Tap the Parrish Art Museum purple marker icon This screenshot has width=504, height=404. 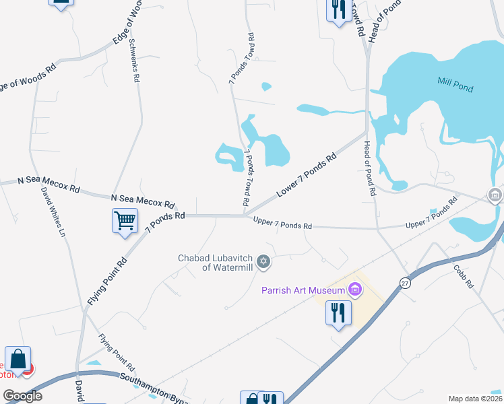pos(355,290)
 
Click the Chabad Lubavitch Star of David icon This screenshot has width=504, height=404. pos(263,261)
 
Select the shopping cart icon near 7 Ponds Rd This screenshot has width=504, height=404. pos(125,220)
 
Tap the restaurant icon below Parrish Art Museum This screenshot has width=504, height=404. pos(338,312)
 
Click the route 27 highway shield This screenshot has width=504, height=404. pos(405,282)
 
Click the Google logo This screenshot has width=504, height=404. pos(22,396)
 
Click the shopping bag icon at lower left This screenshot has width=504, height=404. pos(18,360)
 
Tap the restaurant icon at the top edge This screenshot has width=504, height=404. pos(336,9)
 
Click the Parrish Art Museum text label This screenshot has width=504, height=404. pos(303,290)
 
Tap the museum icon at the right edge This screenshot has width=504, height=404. pos(495,196)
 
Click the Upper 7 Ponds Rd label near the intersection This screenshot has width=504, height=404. pos(282,223)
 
